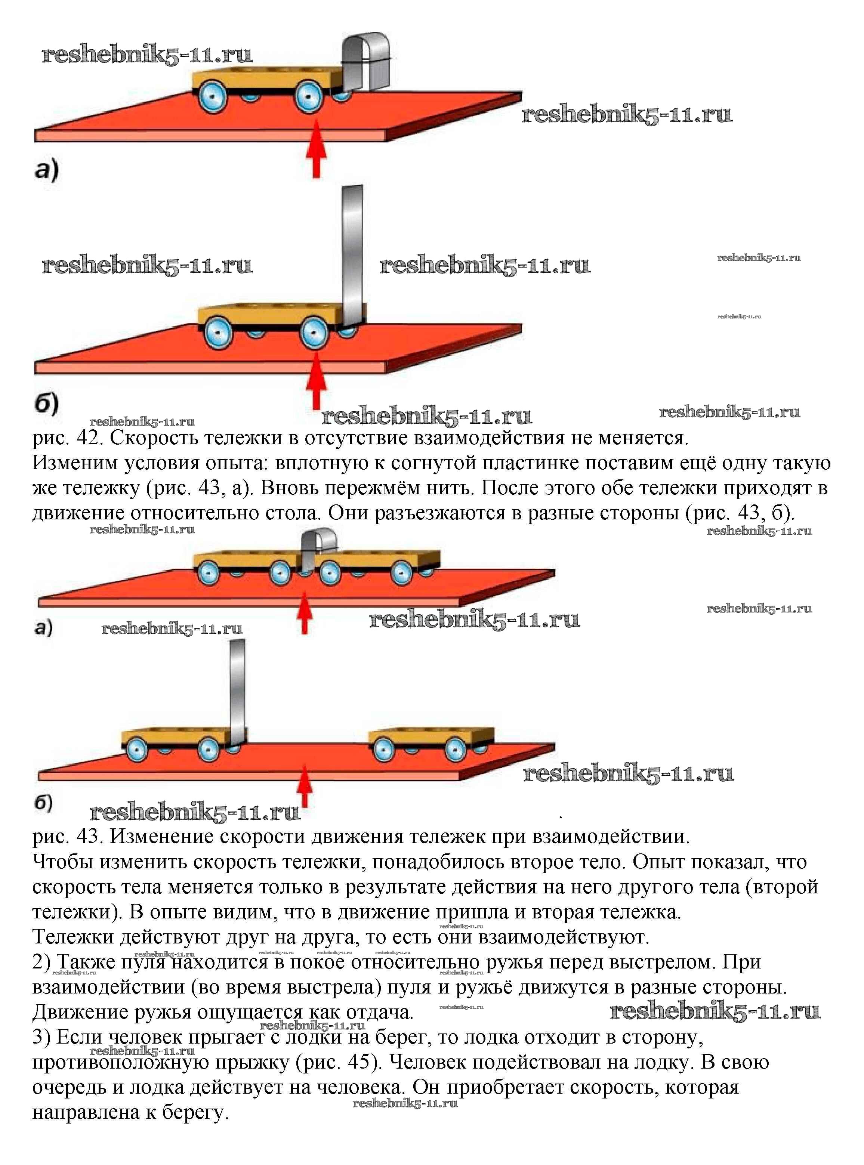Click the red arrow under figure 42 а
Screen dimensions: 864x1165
(316, 149)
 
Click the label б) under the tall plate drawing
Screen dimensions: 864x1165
(47, 405)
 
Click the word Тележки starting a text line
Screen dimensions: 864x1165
(73, 937)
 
